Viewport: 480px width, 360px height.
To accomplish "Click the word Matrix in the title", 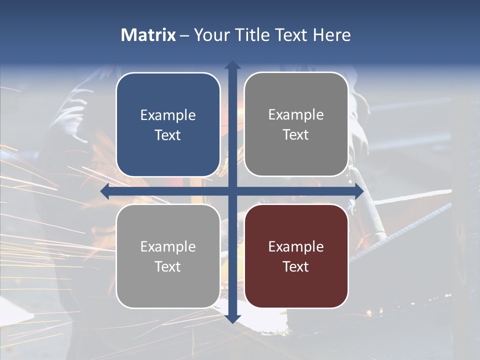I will pos(148,35).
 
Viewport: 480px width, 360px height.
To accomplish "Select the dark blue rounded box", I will pos(168,124).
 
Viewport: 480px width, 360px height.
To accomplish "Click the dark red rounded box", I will pos(296,256).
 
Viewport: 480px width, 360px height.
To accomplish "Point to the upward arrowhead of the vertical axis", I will pos(232,65).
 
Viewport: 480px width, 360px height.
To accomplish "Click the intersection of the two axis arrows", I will pos(232,191).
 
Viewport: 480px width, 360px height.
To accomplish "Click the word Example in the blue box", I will pos(168,115).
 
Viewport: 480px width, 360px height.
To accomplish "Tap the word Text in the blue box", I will pos(168,135).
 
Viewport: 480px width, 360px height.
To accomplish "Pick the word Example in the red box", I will pos(296,246).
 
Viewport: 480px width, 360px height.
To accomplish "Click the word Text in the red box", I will pos(296,266).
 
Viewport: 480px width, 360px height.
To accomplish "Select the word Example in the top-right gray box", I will pos(296,115).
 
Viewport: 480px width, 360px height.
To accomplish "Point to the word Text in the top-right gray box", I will pos(296,134).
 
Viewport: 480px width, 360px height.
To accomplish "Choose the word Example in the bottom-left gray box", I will pos(168,246).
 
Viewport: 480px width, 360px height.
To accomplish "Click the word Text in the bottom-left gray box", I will pos(168,266).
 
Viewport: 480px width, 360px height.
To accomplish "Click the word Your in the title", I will pos(210,35).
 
